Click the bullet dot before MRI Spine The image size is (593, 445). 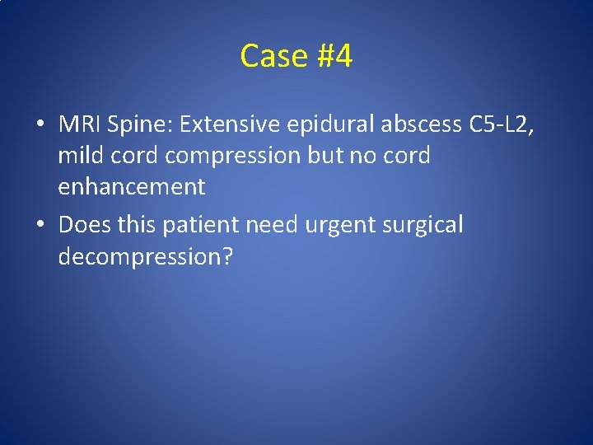coord(40,124)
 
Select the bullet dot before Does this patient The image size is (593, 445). coord(40,224)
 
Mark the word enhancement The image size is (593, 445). coord(131,187)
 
